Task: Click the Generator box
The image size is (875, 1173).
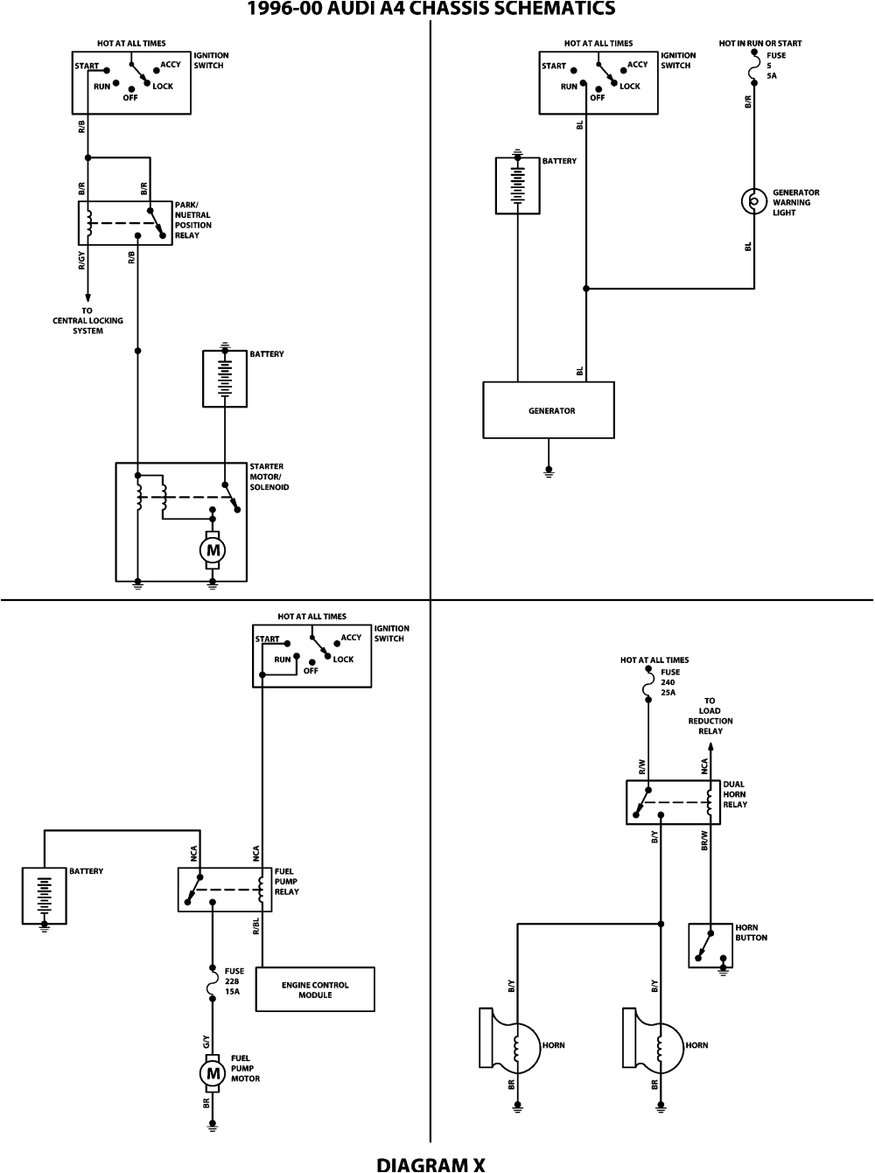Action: coord(549,410)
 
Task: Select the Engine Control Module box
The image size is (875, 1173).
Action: coord(315,989)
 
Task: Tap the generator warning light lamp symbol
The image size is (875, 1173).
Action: coord(752,202)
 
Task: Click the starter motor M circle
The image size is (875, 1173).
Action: coord(212,550)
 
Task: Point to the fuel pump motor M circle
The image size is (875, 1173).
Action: coord(212,1072)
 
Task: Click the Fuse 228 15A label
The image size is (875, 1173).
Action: coord(234,981)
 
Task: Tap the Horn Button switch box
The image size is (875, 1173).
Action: coord(710,946)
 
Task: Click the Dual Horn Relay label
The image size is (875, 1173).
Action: coord(735,794)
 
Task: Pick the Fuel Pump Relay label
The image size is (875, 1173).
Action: coord(286,882)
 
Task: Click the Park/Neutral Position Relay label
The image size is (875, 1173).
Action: coord(192,220)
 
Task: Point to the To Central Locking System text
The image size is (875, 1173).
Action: coord(87,321)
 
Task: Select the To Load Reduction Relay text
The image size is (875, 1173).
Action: coord(710,716)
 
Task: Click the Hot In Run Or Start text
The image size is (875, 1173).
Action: coord(759,43)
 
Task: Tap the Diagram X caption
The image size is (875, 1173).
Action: coord(430,1163)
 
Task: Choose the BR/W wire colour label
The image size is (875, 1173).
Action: coord(704,840)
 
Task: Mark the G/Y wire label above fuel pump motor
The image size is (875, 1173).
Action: coord(206,1042)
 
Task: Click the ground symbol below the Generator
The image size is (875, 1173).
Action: coord(549,471)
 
